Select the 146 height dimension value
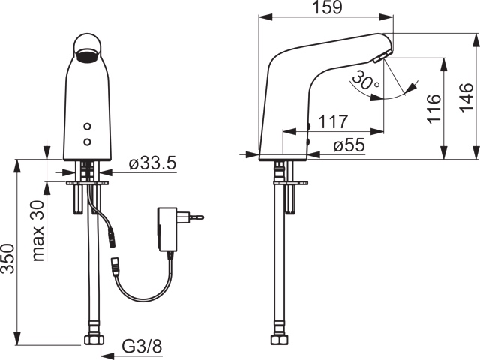coord(466,97)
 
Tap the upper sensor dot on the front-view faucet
coord(88,127)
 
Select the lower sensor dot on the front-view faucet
coord(88,140)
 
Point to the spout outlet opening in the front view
coord(88,54)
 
